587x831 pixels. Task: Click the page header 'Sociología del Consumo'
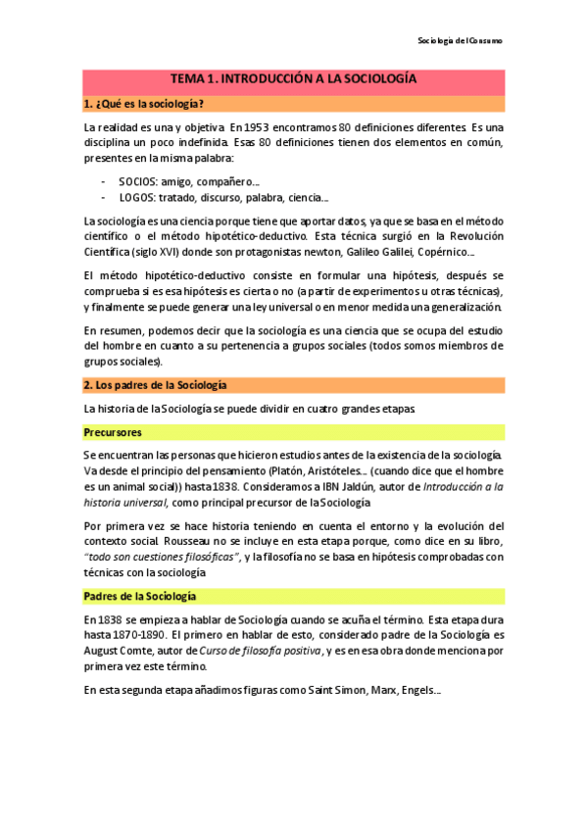coord(460,41)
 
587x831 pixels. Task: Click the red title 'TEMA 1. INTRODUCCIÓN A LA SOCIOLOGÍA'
coord(294,77)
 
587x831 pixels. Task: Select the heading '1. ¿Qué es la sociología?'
coord(144,103)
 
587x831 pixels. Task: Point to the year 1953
coord(273,127)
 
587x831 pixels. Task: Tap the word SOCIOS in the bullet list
coord(138,182)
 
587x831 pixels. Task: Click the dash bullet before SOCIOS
coord(104,182)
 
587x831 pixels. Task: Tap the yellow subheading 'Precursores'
coord(113,432)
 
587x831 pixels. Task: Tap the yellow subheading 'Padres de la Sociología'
coord(140,597)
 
